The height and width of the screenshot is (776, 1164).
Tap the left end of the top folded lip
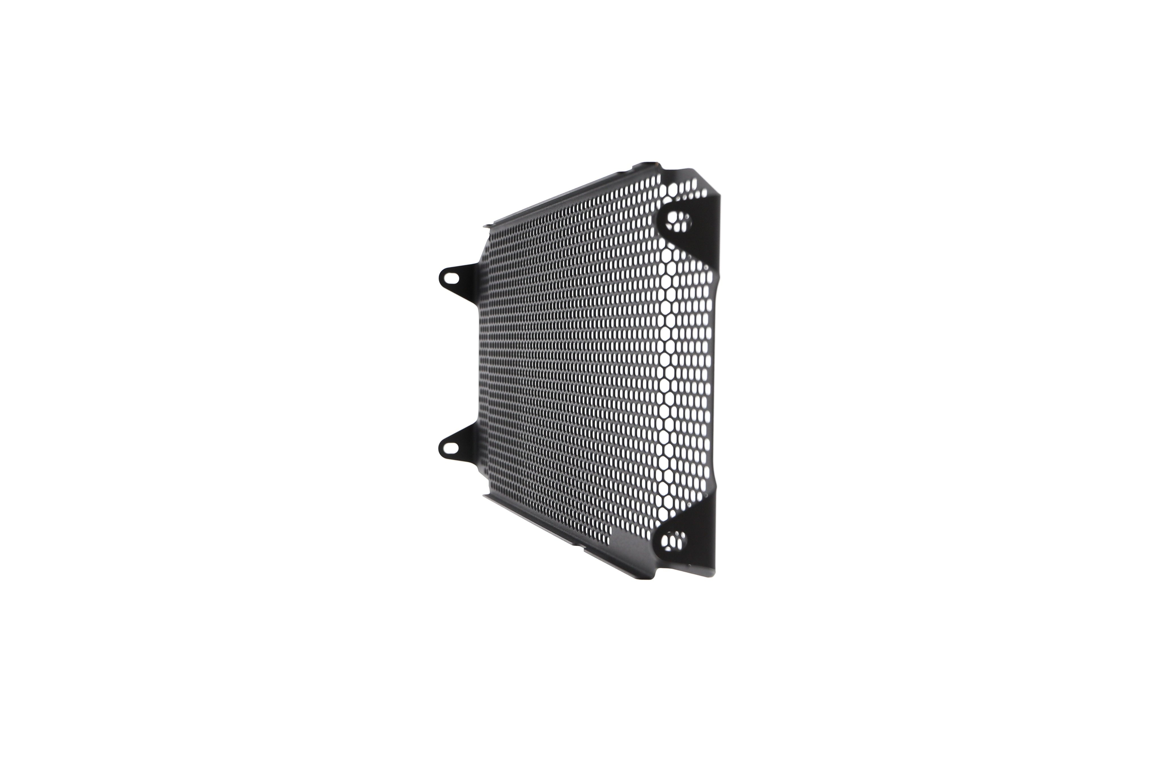click(487, 226)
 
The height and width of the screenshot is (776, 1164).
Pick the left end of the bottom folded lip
click(487, 496)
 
